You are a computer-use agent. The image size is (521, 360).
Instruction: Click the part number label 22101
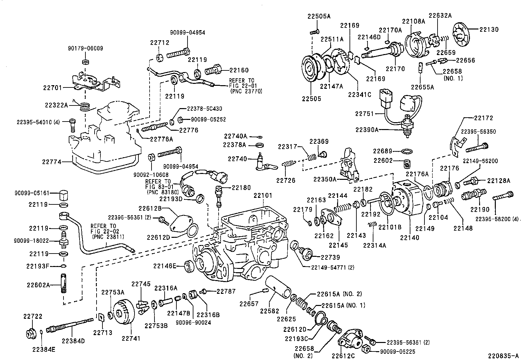[x=263, y=195]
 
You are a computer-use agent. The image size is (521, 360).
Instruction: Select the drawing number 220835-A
[x=503, y=356]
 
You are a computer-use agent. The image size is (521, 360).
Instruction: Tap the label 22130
[x=489, y=29]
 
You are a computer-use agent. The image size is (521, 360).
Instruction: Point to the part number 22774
[x=52, y=162]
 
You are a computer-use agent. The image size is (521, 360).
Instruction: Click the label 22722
[x=33, y=316]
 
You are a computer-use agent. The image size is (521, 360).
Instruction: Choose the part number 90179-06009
[x=85, y=48]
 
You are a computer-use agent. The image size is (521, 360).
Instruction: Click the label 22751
[x=365, y=114]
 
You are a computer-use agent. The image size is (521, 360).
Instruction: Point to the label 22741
[x=131, y=338]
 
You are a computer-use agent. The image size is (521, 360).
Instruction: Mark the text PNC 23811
[x=108, y=237]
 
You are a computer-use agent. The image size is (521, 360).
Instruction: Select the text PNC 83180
[x=163, y=192]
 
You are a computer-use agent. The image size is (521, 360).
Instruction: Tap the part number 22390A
[x=367, y=129]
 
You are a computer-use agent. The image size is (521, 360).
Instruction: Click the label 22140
[x=410, y=237]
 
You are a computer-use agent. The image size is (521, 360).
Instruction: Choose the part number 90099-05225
[x=398, y=351]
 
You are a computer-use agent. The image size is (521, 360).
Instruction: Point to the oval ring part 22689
[x=407, y=151]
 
